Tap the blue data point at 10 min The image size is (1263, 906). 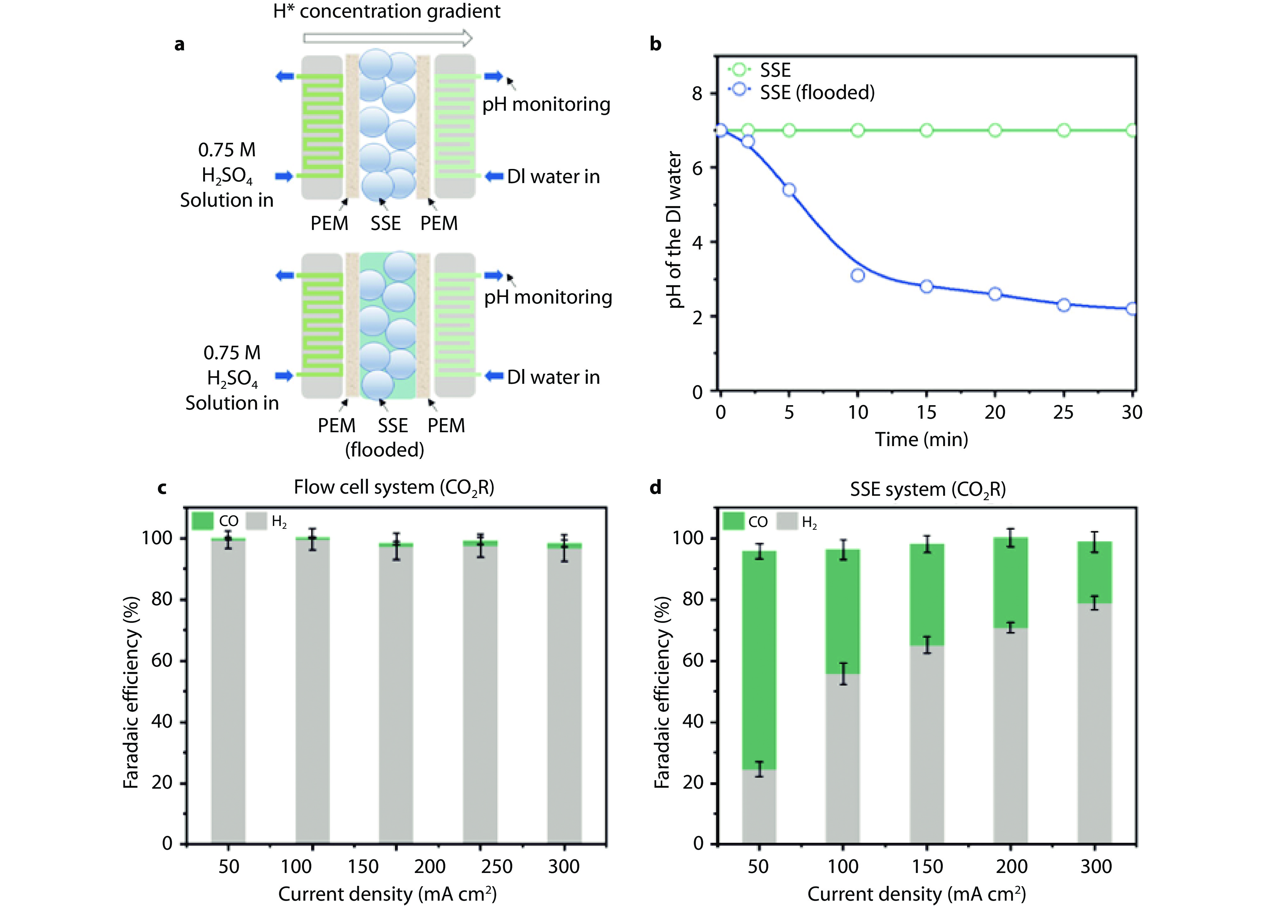tap(858, 275)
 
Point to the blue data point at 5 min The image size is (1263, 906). tap(789, 190)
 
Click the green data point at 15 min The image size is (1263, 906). tap(926, 130)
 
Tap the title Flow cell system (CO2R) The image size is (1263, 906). tap(394, 488)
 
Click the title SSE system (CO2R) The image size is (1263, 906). tap(928, 490)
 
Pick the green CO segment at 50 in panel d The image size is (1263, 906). tap(759, 660)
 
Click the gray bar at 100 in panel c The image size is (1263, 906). tap(312, 696)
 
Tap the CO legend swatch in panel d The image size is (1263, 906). tap(733, 522)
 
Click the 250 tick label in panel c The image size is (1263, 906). tap(497, 866)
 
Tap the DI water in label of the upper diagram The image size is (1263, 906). tap(554, 176)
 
